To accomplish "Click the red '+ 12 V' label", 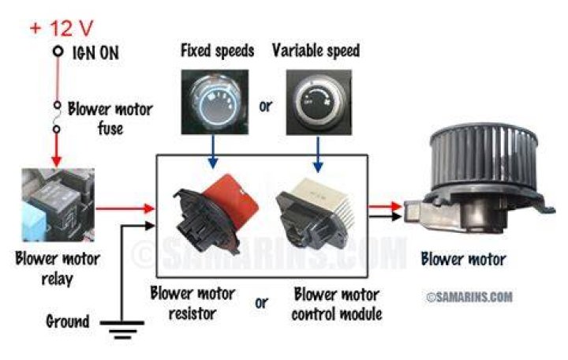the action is [x=62, y=28].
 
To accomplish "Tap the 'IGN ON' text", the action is [x=95, y=53].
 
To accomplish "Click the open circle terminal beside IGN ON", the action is [x=58, y=51].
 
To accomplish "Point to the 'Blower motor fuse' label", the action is [x=110, y=118].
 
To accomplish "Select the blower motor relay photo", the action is [x=58, y=204].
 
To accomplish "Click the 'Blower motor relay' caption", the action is [x=58, y=268].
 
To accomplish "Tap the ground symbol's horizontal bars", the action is [x=122, y=329].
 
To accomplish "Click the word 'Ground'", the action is [x=68, y=321].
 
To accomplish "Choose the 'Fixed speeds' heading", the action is [x=218, y=51].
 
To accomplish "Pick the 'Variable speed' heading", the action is [x=316, y=51].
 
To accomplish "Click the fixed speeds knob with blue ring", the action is [x=215, y=102].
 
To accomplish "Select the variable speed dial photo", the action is [x=319, y=102].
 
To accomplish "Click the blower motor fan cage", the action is [x=484, y=156].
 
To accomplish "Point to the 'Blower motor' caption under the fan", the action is [x=463, y=259].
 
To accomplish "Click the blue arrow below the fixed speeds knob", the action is [x=213, y=152].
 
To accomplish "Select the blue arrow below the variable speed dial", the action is [x=318, y=154].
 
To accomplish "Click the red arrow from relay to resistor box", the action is [x=125, y=208].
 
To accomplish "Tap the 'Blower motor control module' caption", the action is [x=337, y=304].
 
